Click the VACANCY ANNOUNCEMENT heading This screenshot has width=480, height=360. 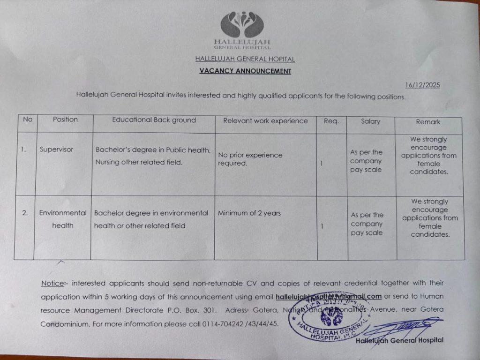pos(245,71)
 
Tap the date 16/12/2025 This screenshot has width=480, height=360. pos(422,85)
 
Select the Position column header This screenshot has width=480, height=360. pos(65,120)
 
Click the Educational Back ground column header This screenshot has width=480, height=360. pos(154,120)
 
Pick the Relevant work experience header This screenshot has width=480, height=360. pos(265,121)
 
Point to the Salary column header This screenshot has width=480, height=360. pos(370,121)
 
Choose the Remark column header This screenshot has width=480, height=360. pos(428,122)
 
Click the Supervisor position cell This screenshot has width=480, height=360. pos(56,150)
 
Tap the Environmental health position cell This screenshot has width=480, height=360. pos(63,219)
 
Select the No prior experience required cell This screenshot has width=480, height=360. pos(250,159)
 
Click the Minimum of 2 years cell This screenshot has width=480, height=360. pos(249,213)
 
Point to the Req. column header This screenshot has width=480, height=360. pos(331,121)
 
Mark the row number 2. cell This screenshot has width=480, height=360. pos(25,213)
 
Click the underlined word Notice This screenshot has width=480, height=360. pos(52,284)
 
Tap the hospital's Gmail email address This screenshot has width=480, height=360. pos(328,296)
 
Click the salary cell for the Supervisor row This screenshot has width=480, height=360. pos(366,161)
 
